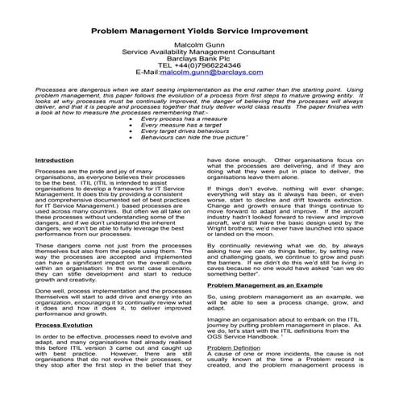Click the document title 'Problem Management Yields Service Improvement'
(x=199, y=30)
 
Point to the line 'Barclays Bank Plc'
(x=199, y=54)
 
